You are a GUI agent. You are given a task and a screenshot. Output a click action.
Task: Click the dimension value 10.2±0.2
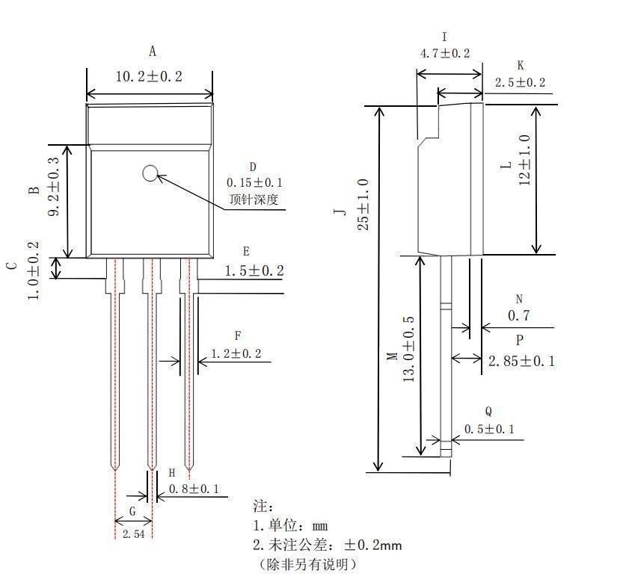[x=149, y=77]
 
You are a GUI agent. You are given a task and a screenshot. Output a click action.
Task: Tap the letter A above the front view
[x=153, y=52]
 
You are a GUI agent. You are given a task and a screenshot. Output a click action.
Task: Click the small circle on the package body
[x=150, y=173]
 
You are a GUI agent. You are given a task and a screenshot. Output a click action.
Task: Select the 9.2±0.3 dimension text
[x=54, y=186]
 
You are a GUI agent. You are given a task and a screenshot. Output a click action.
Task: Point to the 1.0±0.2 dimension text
[x=34, y=270]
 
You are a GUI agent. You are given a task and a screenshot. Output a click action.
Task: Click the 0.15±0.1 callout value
[x=255, y=182]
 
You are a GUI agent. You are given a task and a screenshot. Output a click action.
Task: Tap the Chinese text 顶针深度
[x=254, y=199]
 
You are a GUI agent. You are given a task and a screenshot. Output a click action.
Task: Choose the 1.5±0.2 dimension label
[x=254, y=270]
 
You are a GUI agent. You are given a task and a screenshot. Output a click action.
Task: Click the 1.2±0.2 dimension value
[x=236, y=353]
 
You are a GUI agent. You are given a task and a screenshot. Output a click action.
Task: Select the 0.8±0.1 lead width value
[x=194, y=489]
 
